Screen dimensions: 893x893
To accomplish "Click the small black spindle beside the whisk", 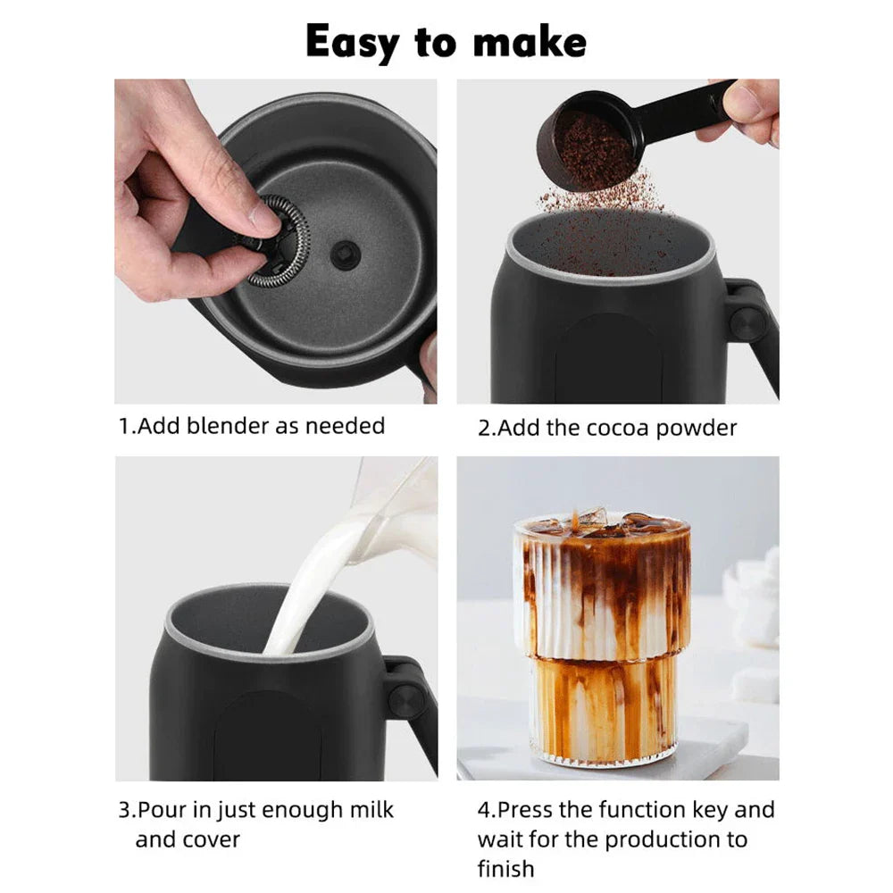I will [x=341, y=254].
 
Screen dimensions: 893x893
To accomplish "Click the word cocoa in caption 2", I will [x=618, y=428].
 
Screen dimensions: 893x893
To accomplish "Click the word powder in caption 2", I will [x=696, y=428].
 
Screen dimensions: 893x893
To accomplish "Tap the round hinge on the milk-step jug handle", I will [x=406, y=699].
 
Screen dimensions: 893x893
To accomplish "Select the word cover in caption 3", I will [x=212, y=839].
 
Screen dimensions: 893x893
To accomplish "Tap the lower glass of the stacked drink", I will [x=604, y=710].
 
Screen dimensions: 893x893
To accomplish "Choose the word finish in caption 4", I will [x=505, y=868].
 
